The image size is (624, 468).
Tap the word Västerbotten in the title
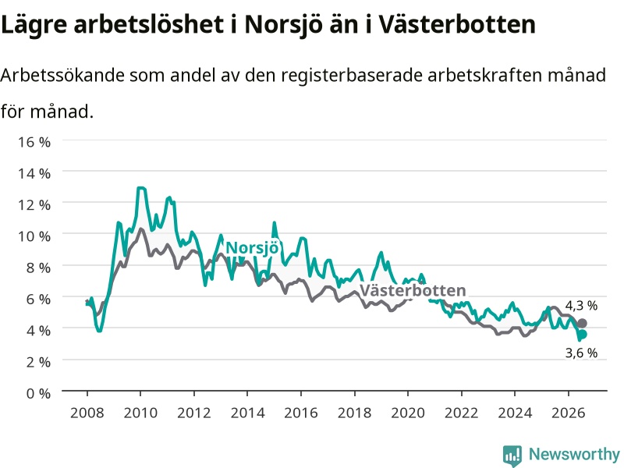click(x=456, y=25)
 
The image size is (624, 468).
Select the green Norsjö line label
click(x=252, y=248)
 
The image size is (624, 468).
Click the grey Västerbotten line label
click(x=413, y=290)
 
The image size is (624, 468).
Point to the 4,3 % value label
click(x=581, y=306)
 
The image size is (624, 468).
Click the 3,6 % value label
click(x=581, y=353)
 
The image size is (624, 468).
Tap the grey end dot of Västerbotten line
click(x=582, y=323)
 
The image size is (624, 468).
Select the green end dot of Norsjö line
click(x=582, y=335)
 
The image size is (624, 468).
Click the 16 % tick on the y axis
click(x=34, y=142)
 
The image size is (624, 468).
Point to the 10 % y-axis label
click(x=34, y=236)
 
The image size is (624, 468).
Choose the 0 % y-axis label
click(x=38, y=393)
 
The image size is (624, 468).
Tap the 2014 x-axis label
click(x=247, y=413)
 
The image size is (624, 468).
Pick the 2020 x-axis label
click(x=408, y=413)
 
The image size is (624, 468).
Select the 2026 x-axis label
click(x=569, y=413)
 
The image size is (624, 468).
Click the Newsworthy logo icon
click(x=512, y=455)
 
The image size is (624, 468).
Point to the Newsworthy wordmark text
click(x=574, y=454)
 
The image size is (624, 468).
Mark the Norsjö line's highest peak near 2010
click(x=141, y=188)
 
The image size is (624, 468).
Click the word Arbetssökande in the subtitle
click(x=62, y=75)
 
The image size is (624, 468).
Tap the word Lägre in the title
click(x=34, y=26)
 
